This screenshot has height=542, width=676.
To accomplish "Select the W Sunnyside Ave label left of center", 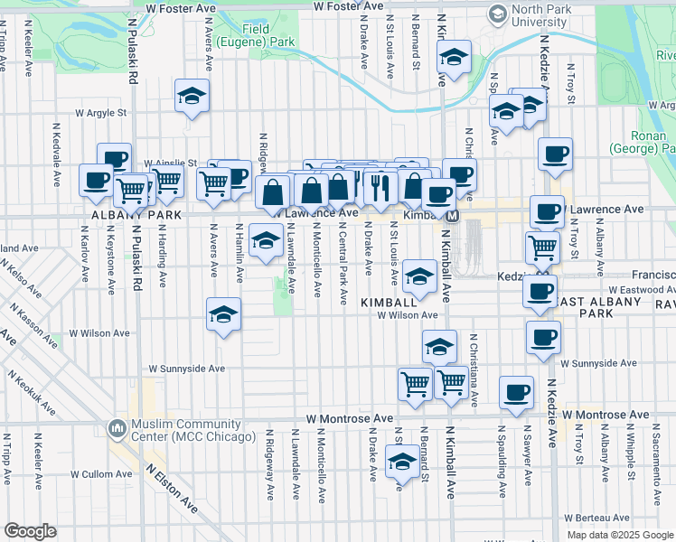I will coord(187,369).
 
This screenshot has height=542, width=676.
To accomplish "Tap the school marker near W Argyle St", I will coord(192,97).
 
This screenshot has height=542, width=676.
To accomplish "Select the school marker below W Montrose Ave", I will coord(402,462).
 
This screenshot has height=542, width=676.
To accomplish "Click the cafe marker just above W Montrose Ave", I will coord(516,392).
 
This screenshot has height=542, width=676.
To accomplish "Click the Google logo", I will coord(30,531).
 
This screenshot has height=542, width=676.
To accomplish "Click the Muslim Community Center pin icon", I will coord(117,426).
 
